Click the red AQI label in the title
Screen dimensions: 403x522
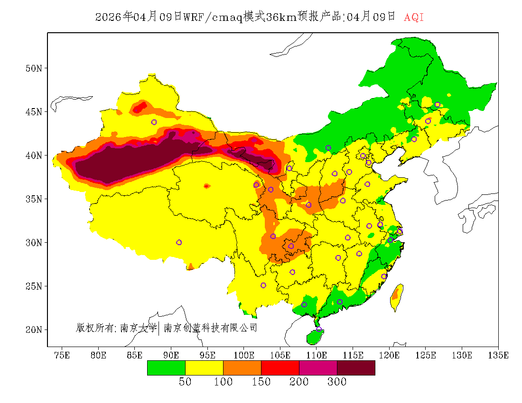(x=414, y=18)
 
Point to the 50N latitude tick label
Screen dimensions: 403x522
(x=34, y=68)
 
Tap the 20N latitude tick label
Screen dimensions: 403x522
(x=34, y=330)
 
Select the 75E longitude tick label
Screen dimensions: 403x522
(x=62, y=355)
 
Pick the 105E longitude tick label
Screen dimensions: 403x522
(x=280, y=355)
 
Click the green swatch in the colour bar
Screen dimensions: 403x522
(x=166, y=367)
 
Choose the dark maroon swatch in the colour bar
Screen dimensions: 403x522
(x=356, y=367)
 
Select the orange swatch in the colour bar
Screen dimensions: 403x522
(x=242, y=367)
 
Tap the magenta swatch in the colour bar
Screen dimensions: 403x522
(x=318, y=367)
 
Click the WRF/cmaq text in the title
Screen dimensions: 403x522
(x=213, y=18)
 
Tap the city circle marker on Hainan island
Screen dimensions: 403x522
(x=319, y=329)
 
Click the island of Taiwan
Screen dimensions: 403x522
(x=397, y=297)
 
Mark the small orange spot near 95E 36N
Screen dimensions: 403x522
(x=206, y=186)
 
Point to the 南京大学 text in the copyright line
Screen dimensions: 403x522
(x=138, y=328)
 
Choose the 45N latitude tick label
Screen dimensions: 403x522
(x=34, y=112)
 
